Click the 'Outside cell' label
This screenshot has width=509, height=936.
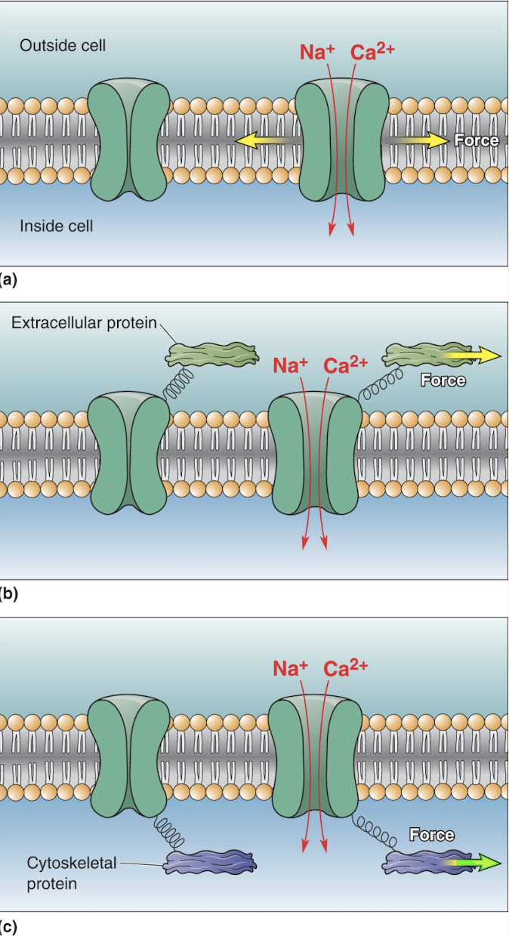[x=63, y=46]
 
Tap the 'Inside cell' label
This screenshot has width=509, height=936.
[x=57, y=226]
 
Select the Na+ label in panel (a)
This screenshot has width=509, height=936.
[x=317, y=52]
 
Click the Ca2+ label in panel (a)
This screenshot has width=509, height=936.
[x=372, y=52]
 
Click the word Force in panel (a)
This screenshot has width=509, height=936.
[x=476, y=140]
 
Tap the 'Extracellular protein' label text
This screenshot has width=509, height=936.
[x=84, y=323]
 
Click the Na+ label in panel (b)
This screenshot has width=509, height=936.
[x=290, y=365]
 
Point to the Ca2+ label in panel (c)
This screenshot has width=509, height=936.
[x=345, y=669]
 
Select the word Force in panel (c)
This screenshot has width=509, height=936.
[x=431, y=835]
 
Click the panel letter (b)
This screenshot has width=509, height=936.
[x=9, y=593]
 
